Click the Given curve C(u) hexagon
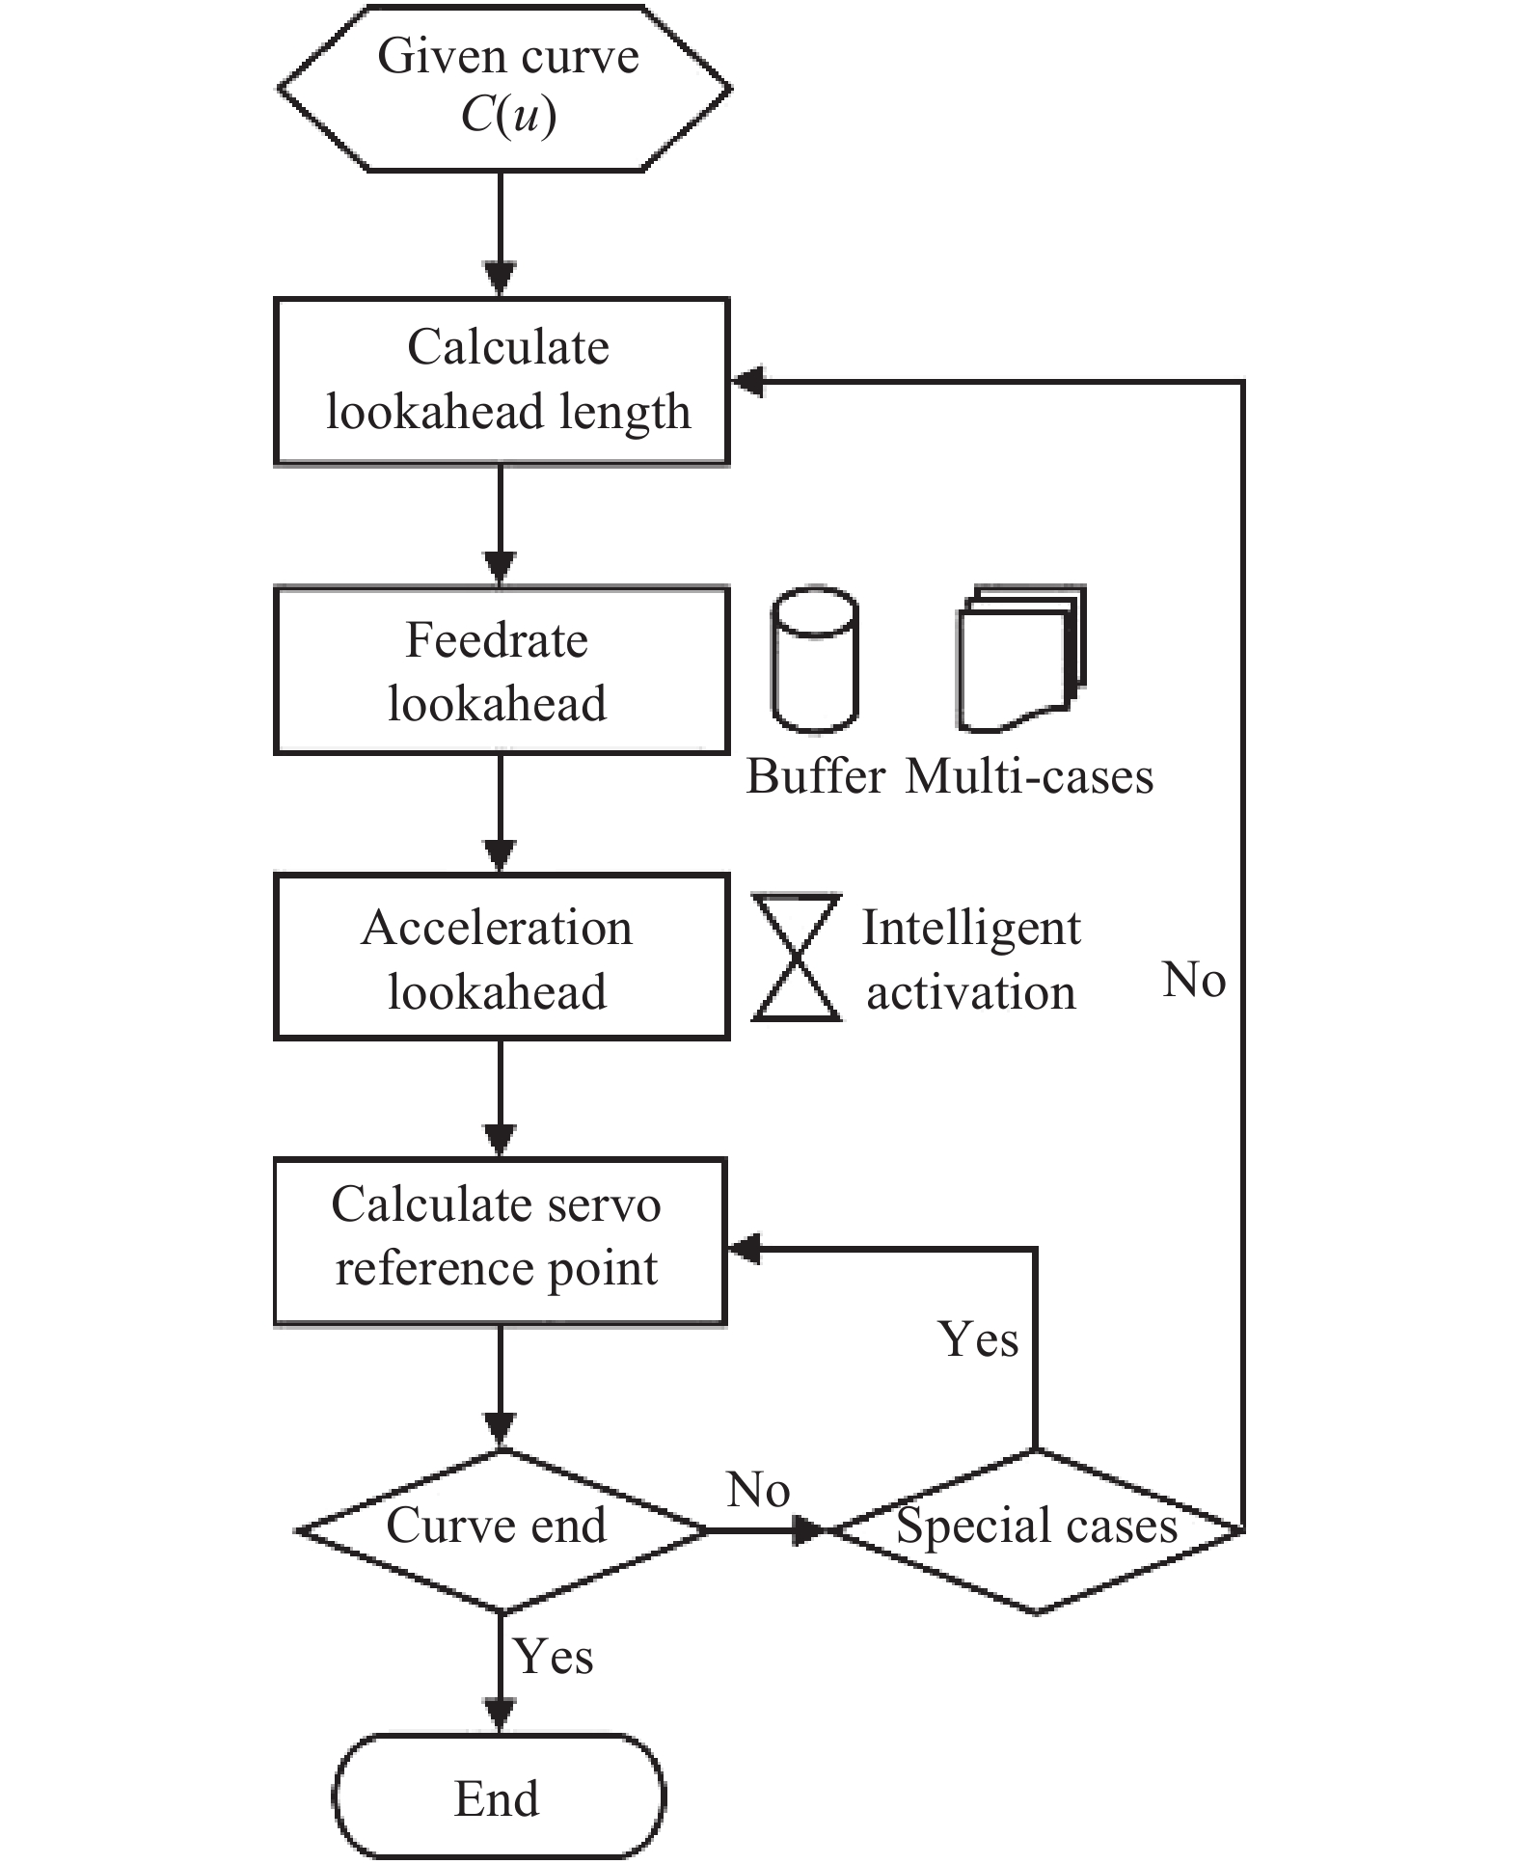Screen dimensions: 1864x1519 pyautogui.click(x=503, y=89)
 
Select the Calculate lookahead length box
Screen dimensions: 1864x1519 pyautogui.click(x=502, y=382)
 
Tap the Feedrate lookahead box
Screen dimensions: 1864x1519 pyautogui.click(x=502, y=671)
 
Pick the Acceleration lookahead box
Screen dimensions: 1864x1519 pyautogui.click(x=502, y=957)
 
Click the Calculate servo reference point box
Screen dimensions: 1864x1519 pyautogui.click(x=500, y=1241)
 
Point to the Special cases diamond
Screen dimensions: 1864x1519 pyautogui.click(x=1036, y=1529)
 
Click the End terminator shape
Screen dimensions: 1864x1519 pyautogui.click(x=498, y=1797)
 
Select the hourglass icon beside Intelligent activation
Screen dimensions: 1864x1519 pyautogui.click(x=797, y=957)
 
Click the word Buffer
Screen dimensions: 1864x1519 pyautogui.click(x=816, y=776)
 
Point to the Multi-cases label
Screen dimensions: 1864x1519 pyautogui.click(x=1029, y=776)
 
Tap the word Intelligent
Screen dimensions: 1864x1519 pyautogui.click(x=970, y=928)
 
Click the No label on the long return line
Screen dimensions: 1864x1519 pyautogui.click(x=1194, y=980)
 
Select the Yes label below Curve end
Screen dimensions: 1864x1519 pyautogui.click(x=553, y=1657)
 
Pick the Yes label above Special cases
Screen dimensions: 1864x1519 pyautogui.click(x=978, y=1339)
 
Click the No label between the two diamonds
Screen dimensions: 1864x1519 pyautogui.click(x=758, y=1490)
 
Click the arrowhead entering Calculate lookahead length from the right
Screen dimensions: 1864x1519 pyautogui.click(x=748, y=382)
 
